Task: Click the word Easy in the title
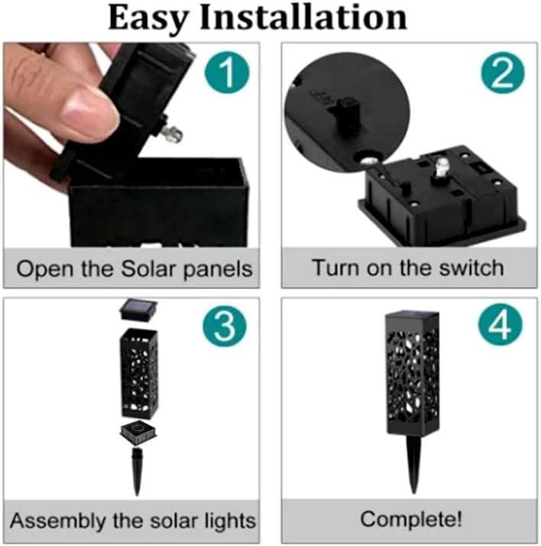[x=148, y=19]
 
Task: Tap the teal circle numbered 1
[x=227, y=72]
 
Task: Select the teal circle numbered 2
[x=502, y=73]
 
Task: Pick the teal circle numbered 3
[x=225, y=327]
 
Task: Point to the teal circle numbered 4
[x=501, y=324]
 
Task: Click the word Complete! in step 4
[x=411, y=518]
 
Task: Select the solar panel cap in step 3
[x=138, y=309]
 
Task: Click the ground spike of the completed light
[x=413, y=463]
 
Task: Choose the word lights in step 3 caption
[x=230, y=522]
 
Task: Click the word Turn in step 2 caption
[x=335, y=268]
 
